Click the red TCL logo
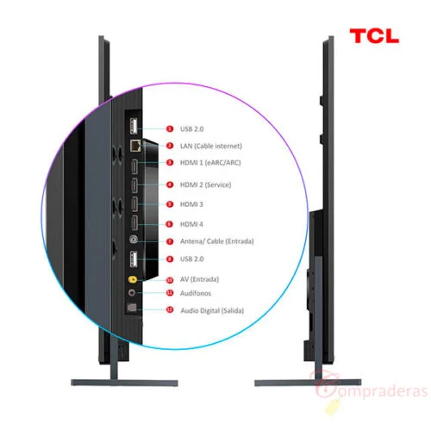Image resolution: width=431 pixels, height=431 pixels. [374, 36]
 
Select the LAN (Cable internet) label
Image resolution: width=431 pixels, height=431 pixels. [211, 146]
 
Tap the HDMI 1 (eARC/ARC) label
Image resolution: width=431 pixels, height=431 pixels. [210, 163]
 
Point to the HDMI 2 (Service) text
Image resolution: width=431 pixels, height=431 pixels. [205, 184]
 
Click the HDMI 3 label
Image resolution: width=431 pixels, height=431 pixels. [191, 204]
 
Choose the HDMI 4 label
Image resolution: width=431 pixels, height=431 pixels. [191, 224]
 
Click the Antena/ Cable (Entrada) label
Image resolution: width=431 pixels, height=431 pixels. [217, 241]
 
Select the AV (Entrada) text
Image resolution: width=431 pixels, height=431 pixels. [199, 279]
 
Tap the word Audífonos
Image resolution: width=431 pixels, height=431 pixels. [196, 293]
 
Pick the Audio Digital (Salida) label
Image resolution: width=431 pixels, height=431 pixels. [212, 310]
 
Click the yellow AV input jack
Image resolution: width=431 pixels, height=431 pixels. [133, 279]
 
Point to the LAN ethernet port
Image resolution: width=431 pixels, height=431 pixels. [135, 146]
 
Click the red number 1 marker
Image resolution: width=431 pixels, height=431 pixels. [170, 128]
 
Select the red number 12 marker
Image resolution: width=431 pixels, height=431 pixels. [170, 309]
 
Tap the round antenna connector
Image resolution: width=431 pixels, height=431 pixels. [134, 240]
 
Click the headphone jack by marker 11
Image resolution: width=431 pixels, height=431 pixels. [132, 293]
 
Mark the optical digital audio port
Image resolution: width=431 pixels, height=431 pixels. [132, 308]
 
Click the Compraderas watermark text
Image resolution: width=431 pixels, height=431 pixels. [372, 388]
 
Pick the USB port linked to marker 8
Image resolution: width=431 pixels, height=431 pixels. [134, 259]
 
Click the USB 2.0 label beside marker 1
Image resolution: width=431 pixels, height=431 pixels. [191, 129]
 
